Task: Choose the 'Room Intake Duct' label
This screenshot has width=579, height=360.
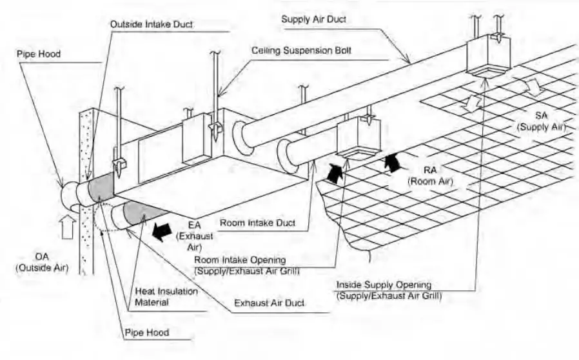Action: coord(258,223)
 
